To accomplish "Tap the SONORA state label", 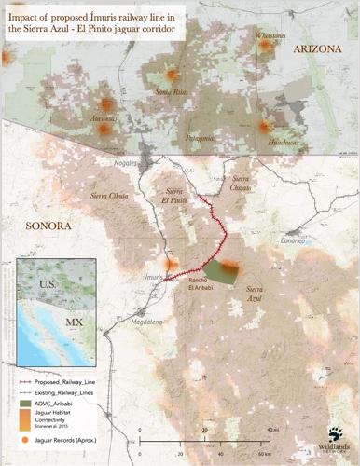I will (x=44, y=226).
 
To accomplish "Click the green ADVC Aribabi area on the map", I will (x=222, y=270).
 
